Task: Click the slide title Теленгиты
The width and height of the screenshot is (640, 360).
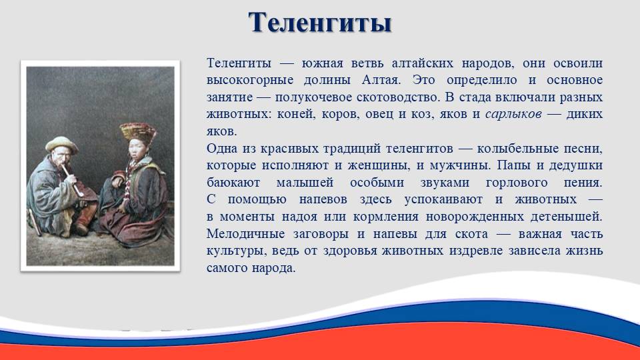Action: pyautogui.click(x=320, y=23)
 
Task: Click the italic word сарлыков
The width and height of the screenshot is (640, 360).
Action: pyautogui.click(x=513, y=114)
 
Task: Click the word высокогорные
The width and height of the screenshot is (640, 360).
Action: pyautogui.click(x=250, y=80)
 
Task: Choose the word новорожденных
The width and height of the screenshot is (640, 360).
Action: pyautogui.click(x=475, y=217)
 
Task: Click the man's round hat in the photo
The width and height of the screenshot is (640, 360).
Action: pyautogui.click(x=61, y=145)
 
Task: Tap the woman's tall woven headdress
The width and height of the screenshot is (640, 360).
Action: pyautogui.click(x=138, y=132)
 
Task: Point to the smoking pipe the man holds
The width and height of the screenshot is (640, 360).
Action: pyautogui.click(x=73, y=180)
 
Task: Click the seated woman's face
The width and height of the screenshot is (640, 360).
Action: pyautogui.click(x=136, y=149)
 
